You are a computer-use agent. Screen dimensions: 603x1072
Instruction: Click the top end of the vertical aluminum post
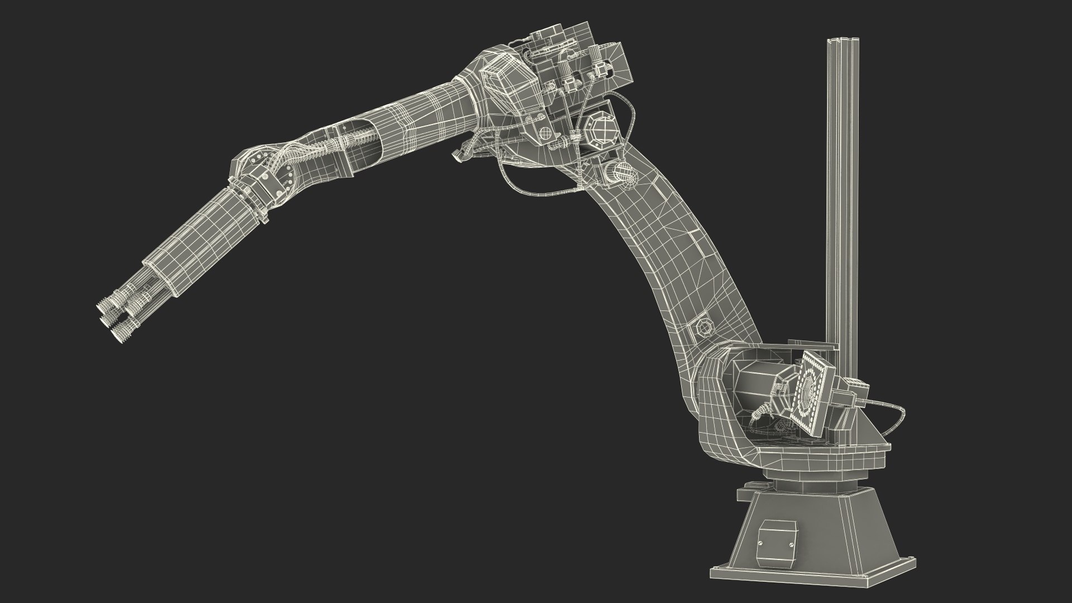click(x=841, y=41)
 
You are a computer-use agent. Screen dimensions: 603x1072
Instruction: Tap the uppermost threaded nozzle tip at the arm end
click(x=106, y=305)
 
